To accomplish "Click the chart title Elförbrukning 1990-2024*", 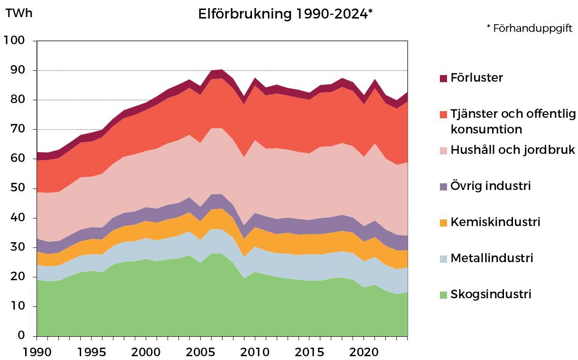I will tap(285, 14).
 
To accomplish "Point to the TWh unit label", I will tap(19, 13).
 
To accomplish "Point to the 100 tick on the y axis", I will tap(14, 41).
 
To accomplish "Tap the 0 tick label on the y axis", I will tap(21, 336).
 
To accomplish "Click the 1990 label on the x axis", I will tap(37, 352).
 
